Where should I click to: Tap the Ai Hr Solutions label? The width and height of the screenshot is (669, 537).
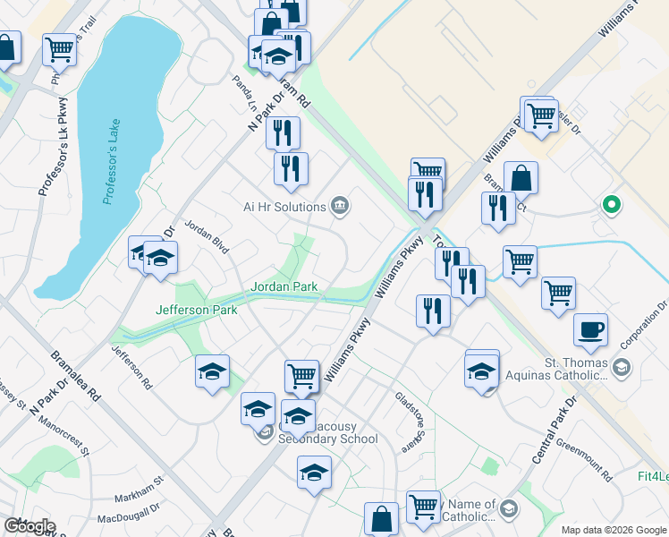pos(284,207)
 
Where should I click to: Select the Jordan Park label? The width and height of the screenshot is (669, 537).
pos(284,287)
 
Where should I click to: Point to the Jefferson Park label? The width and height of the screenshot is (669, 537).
pos(197,310)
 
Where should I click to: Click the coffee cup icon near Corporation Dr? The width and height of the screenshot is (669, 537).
pos(590,328)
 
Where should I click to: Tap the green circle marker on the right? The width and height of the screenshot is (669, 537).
pos(612,205)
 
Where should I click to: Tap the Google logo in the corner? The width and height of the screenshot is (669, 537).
pos(30,526)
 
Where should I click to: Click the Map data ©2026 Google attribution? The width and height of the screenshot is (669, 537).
pos(613,530)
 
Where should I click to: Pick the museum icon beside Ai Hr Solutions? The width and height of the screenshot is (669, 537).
pos(340,207)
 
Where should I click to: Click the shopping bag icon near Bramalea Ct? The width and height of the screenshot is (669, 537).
pos(521,178)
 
